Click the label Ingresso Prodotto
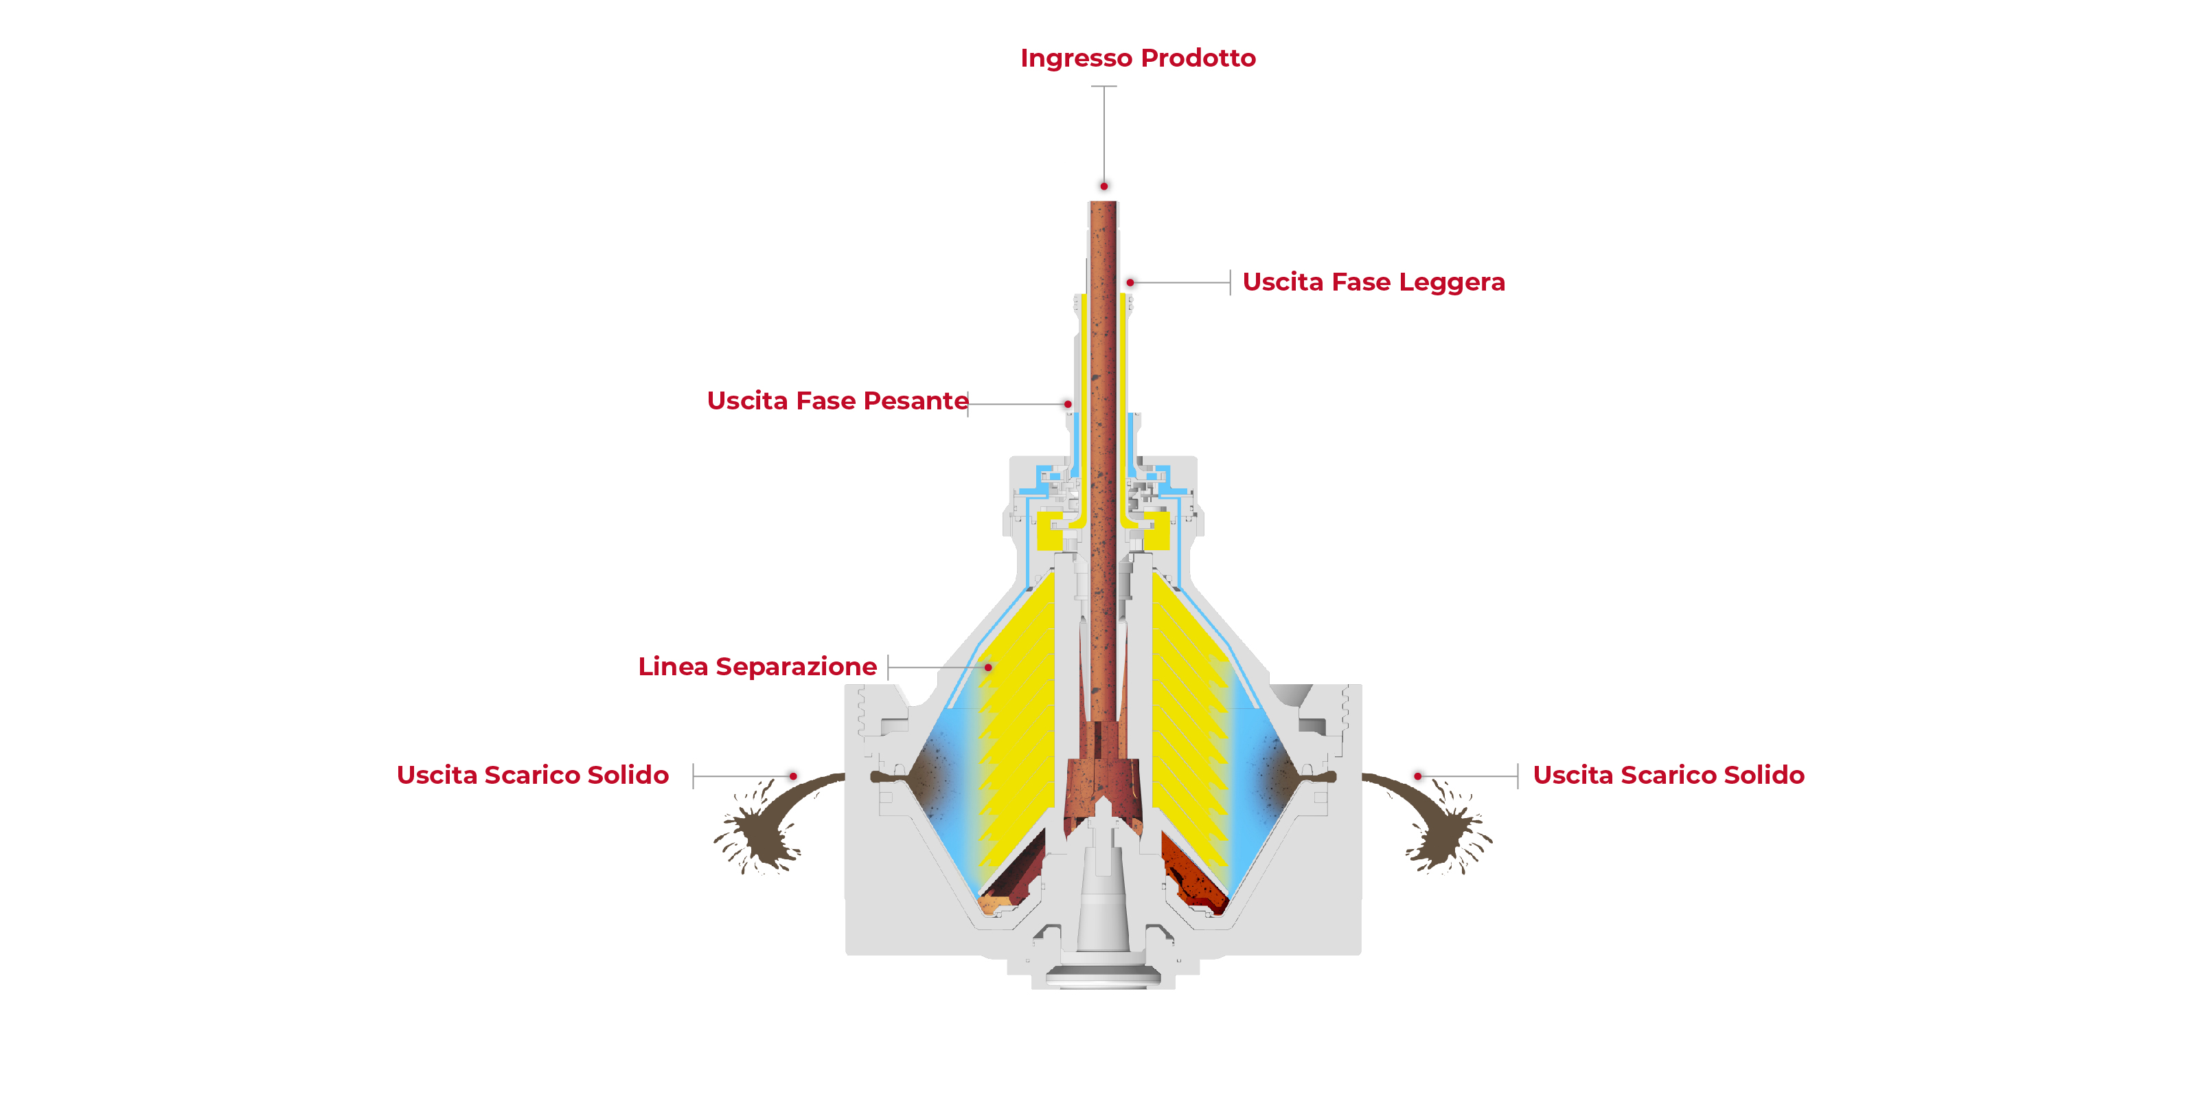point(1137,58)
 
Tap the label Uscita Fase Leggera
point(1373,282)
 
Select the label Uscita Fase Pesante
point(837,401)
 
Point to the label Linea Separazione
point(757,667)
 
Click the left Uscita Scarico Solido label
point(532,776)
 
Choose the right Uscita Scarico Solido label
point(1668,776)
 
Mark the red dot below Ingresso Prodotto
point(1103,186)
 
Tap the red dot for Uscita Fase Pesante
point(1068,404)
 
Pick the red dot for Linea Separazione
point(988,667)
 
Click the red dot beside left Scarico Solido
point(793,776)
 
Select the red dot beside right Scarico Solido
point(1418,776)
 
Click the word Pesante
point(916,401)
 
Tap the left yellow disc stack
point(1020,728)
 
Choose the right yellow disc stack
point(1187,728)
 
